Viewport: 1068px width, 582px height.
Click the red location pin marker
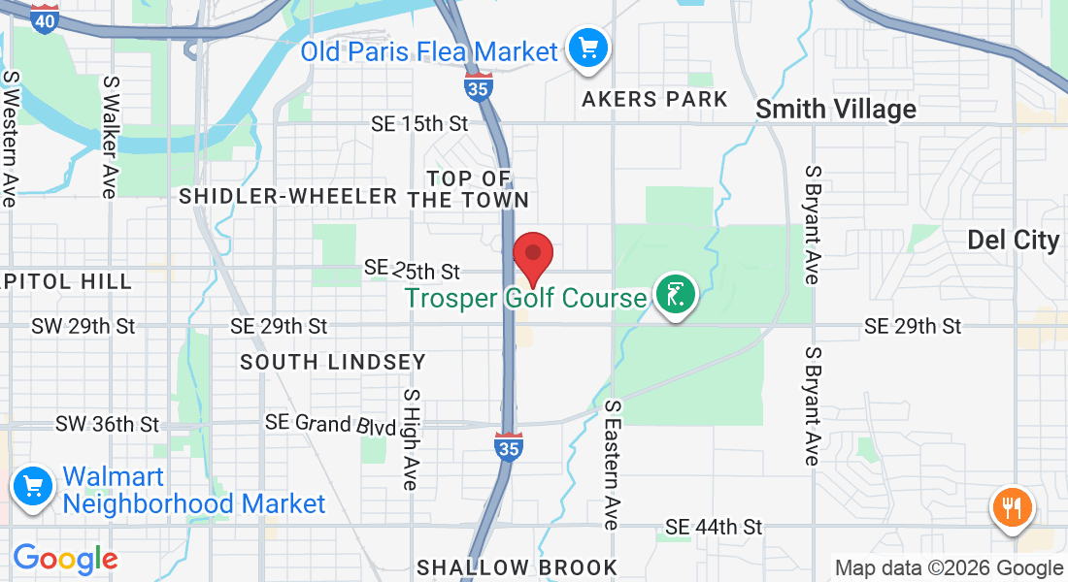point(533,255)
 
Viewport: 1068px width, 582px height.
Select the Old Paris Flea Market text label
point(429,50)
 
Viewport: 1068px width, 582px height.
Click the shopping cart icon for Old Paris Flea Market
point(587,47)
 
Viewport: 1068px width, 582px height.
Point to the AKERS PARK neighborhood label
point(654,99)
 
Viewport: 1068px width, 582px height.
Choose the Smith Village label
point(836,109)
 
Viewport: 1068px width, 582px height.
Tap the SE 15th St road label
point(419,123)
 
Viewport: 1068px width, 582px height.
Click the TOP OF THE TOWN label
point(469,189)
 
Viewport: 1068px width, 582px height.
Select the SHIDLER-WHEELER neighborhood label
point(288,196)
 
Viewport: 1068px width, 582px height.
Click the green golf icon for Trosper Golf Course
point(676,294)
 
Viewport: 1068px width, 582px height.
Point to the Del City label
point(1014,241)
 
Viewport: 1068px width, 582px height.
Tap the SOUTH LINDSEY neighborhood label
point(333,362)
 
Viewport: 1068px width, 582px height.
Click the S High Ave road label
point(412,438)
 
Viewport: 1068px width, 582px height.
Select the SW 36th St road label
point(107,424)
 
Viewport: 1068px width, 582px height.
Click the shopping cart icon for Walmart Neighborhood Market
point(32,486)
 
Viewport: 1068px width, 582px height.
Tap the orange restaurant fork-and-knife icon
point(1012,506)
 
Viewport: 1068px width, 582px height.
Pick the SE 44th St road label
point(714,527)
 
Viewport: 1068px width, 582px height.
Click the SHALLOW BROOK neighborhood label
point(517,567)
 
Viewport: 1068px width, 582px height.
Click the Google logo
point(65,559)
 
